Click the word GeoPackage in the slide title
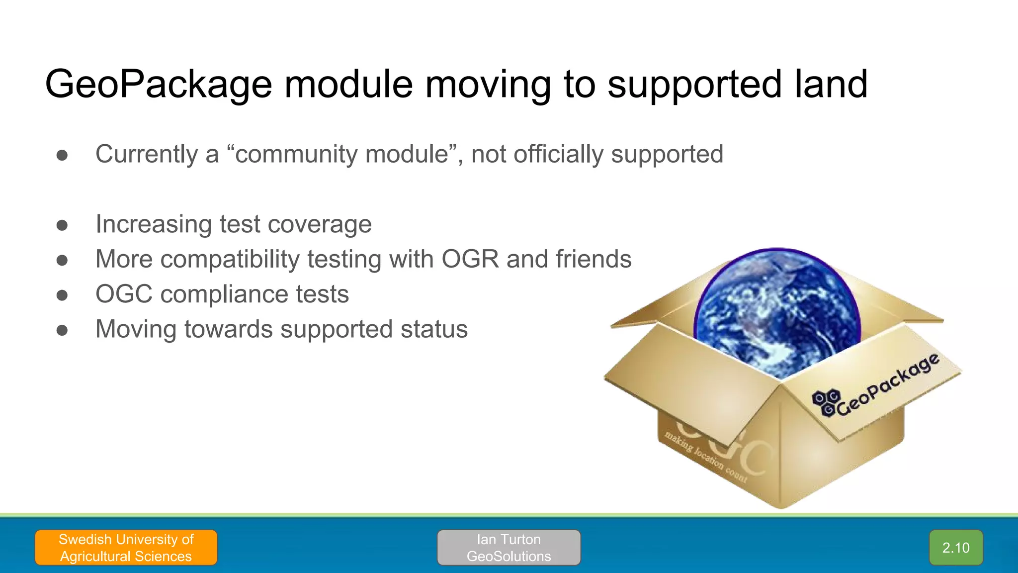[x=159, y=85]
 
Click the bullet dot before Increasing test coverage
[x=62, y=225]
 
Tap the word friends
[x=594, y=259]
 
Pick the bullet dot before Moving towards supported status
[x=62, y=330]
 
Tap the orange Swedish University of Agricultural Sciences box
[x=126, y=548]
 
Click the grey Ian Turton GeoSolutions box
[x=509, y=548]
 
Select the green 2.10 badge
[x=955, y=548]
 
